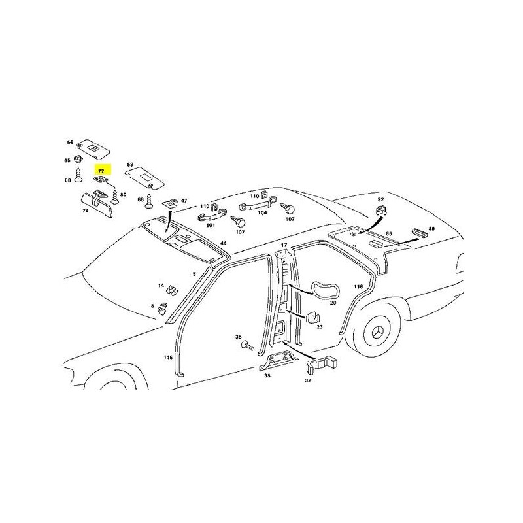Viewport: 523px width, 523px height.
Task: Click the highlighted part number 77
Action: tap(101, 171)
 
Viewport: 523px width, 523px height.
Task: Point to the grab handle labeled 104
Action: tap(258, 204)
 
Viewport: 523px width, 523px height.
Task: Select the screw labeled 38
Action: tap(247, 345)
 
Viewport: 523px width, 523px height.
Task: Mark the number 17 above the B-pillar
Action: tap(284, 245)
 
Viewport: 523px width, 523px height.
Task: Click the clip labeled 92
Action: tap(380, 211)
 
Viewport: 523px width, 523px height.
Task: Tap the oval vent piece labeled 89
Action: tap(420, 233)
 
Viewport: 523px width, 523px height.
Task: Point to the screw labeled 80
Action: tap(115, 197)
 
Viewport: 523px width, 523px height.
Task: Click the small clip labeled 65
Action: tap(78, 159)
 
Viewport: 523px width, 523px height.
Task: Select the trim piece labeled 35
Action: tap(277, 362)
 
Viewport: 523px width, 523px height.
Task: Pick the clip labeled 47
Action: tap(170, 203)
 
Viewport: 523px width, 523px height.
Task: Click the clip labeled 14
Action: tap(172, 290)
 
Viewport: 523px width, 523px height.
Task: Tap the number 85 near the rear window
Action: tap(389, 234)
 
